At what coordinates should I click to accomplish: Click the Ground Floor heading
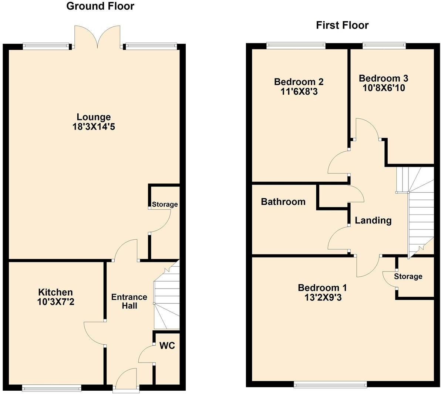click(100, 6)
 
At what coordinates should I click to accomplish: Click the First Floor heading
click(342, 25)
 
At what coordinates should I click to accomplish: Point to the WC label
click(167, 346)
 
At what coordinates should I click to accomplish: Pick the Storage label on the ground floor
click(165, 204)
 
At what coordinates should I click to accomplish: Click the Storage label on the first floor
click(408, 276)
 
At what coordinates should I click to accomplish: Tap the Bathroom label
click(283, 202)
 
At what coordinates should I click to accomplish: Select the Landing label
click(373, 220)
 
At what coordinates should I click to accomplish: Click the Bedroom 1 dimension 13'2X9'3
click(323, 297)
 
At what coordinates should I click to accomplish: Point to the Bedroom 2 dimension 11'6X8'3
click(299, 91)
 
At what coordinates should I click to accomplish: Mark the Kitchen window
click(51, 388)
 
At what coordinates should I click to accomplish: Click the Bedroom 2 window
click(296, 46)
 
